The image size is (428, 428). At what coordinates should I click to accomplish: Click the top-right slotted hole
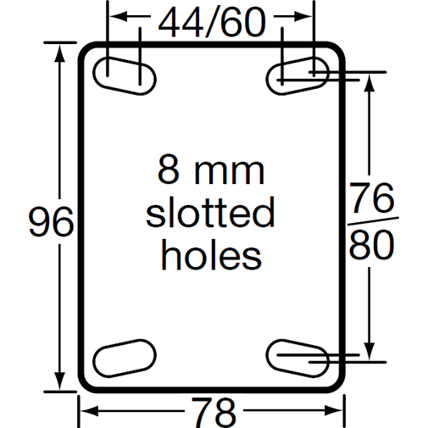[298, 76]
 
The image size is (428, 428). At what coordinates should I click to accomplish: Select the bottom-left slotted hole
[125, 356]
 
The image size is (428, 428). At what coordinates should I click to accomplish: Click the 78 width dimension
[211, 413]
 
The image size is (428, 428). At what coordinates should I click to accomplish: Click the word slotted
[210, 213]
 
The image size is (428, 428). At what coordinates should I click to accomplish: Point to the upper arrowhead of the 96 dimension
[60, 50]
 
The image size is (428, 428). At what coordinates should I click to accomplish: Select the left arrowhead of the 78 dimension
[86, 412]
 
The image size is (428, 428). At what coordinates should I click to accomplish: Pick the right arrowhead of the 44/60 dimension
[307, 16]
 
